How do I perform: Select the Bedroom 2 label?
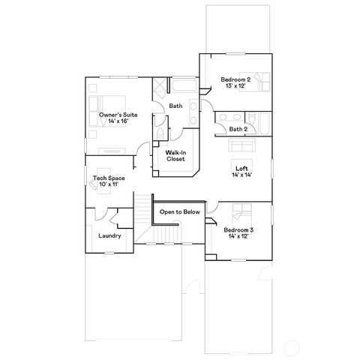tap(235, 79)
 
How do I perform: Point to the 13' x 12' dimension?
tap(235, 85)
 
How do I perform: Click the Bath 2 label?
tap(238, 129)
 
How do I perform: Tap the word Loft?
tap(241, 168)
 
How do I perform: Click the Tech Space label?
tap(106, 178)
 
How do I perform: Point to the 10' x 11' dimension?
tap(106, 184)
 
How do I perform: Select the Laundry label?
tap(109, 236)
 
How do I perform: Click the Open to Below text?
tap(180, 212)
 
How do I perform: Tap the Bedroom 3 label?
tap(238, 229)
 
